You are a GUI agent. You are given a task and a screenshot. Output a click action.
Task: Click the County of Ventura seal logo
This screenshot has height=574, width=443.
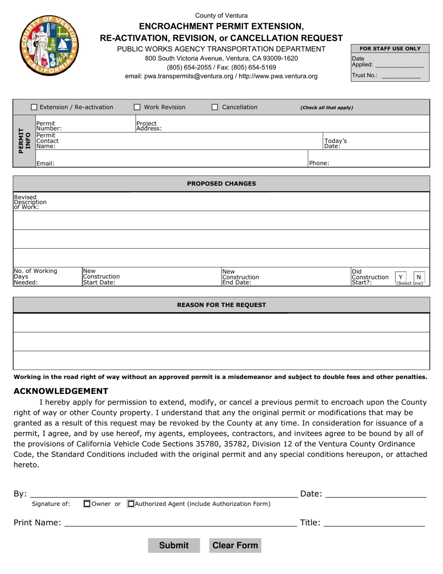tap(49, 45)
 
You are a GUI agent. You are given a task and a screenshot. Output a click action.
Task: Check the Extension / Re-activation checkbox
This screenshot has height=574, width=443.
tap(34, 107)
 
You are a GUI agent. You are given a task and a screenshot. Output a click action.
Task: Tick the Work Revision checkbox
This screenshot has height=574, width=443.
tap(137, 107)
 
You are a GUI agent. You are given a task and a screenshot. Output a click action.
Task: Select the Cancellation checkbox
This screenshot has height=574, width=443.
tap(215, 107)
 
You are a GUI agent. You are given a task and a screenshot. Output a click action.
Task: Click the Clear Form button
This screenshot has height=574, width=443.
tap(235, 545)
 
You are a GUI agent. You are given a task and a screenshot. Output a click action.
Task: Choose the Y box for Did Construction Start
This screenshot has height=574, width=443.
tap(401, 277)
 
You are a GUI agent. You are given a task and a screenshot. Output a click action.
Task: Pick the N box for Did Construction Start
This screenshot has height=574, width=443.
tap(418, 277)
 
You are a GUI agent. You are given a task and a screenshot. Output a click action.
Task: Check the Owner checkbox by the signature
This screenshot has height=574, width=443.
tap(87, 504)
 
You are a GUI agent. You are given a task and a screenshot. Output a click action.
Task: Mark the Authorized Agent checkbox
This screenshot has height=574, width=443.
tap(131, 504)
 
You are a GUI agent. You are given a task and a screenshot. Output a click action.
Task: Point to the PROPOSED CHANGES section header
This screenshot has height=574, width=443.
tap(221, 183)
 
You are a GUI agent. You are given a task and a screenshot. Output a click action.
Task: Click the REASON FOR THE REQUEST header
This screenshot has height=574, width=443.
tap(221, 305)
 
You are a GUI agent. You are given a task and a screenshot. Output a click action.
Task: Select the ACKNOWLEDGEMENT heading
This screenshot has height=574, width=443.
tap(61, 391)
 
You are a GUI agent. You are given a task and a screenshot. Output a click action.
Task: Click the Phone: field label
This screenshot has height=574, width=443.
tap(319, 163)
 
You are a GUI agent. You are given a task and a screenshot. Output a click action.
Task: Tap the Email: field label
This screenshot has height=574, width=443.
tap(45, 163)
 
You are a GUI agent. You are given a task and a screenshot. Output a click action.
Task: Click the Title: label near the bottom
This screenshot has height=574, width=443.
tap(310, 523)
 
